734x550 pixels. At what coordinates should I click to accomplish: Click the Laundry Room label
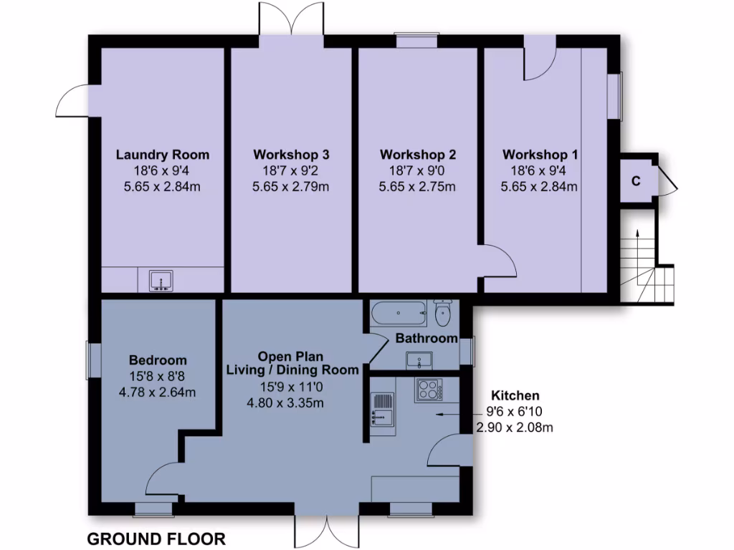(x=163, y=155)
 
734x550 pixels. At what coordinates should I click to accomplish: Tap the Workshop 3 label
(x=291, y=155)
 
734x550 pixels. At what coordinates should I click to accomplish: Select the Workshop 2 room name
(x=418, y=155)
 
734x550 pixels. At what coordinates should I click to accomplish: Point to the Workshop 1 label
(x=540, y=155)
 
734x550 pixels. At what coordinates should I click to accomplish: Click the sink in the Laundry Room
(x=162, y=280)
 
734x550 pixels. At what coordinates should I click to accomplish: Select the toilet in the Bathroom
(x=443, y=312)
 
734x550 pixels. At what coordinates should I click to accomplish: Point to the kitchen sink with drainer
(x=383, y=409)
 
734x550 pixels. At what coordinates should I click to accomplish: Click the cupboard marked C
(x=635, y=180)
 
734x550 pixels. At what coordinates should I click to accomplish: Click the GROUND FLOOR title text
(x=156, y=539)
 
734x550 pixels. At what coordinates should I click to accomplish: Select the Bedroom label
(x=158, y=360)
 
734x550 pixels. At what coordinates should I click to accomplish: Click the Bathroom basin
(x=420, y=360)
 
